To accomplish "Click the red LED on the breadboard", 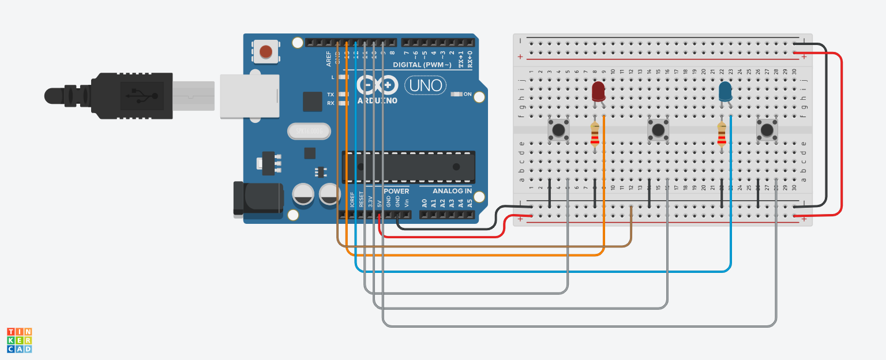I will (598, 91).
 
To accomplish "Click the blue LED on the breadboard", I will (726, 91).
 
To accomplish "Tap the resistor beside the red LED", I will (595, 136).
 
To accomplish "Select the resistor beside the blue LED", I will (722, 136).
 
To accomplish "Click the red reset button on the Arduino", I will (265, 52).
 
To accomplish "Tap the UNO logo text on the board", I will (426, 86).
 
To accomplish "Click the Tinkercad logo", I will (19, 340).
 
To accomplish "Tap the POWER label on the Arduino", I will (396, 191).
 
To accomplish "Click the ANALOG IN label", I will (452, 191).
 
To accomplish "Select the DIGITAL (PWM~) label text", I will (423, 65).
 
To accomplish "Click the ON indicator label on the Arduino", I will (467, 94).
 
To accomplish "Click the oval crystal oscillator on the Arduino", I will (309, 132).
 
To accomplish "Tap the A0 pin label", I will (425, 202).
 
